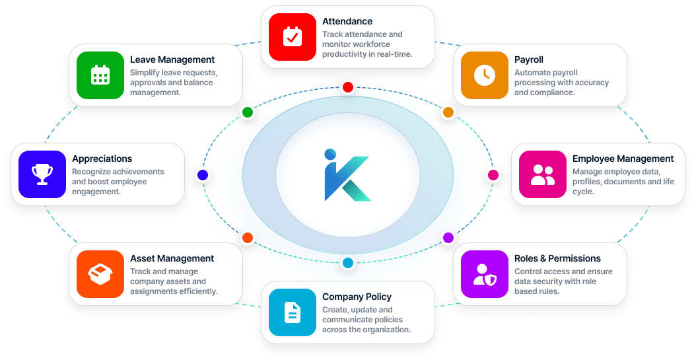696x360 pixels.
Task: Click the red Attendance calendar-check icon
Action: coord(292,37)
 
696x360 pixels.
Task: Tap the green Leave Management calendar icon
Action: coord(100,75)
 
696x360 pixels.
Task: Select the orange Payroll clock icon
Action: coord(484,75)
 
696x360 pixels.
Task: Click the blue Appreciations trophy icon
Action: coord(42,174)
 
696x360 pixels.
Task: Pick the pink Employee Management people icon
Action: coord(542,174)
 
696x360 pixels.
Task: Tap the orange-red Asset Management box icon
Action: coord(100,274)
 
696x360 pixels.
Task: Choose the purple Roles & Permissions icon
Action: coord(484,274)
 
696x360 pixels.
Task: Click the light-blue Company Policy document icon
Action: coord(292,312)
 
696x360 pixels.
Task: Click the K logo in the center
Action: coord(347,175)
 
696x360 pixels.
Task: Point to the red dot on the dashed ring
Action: coord(348,87)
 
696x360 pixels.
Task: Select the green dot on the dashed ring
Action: coord(248,112)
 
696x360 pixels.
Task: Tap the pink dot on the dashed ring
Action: coord(493,175)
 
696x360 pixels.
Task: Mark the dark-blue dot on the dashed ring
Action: coord(203,175)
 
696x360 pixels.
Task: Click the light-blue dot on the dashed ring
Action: coord(348,263)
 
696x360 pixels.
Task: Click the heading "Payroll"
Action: coord(529,59)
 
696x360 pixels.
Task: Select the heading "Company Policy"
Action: coord(357,297)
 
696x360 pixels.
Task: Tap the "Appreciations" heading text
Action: coord(102,159)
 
